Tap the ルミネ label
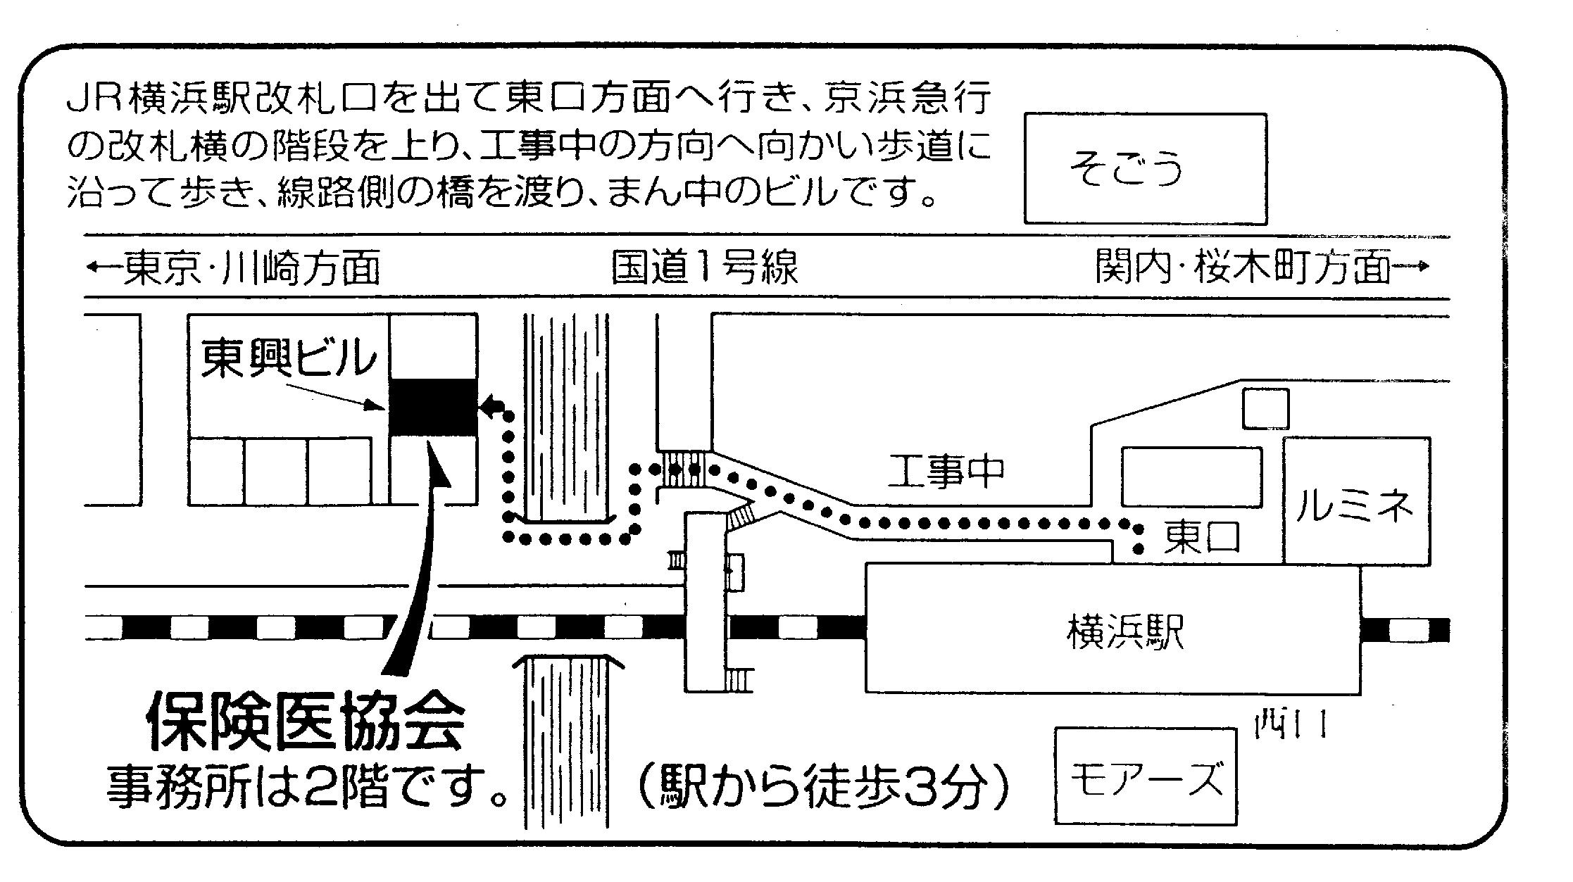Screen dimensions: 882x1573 pos(1355,505)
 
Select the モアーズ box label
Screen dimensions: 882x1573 pos(1146,780)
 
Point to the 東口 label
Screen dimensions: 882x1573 pos(1201,538)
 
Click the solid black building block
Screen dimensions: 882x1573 pos(433,407)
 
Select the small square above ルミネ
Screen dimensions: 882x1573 pos(1265,408)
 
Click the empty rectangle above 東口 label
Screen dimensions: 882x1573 pos(1191,477)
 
